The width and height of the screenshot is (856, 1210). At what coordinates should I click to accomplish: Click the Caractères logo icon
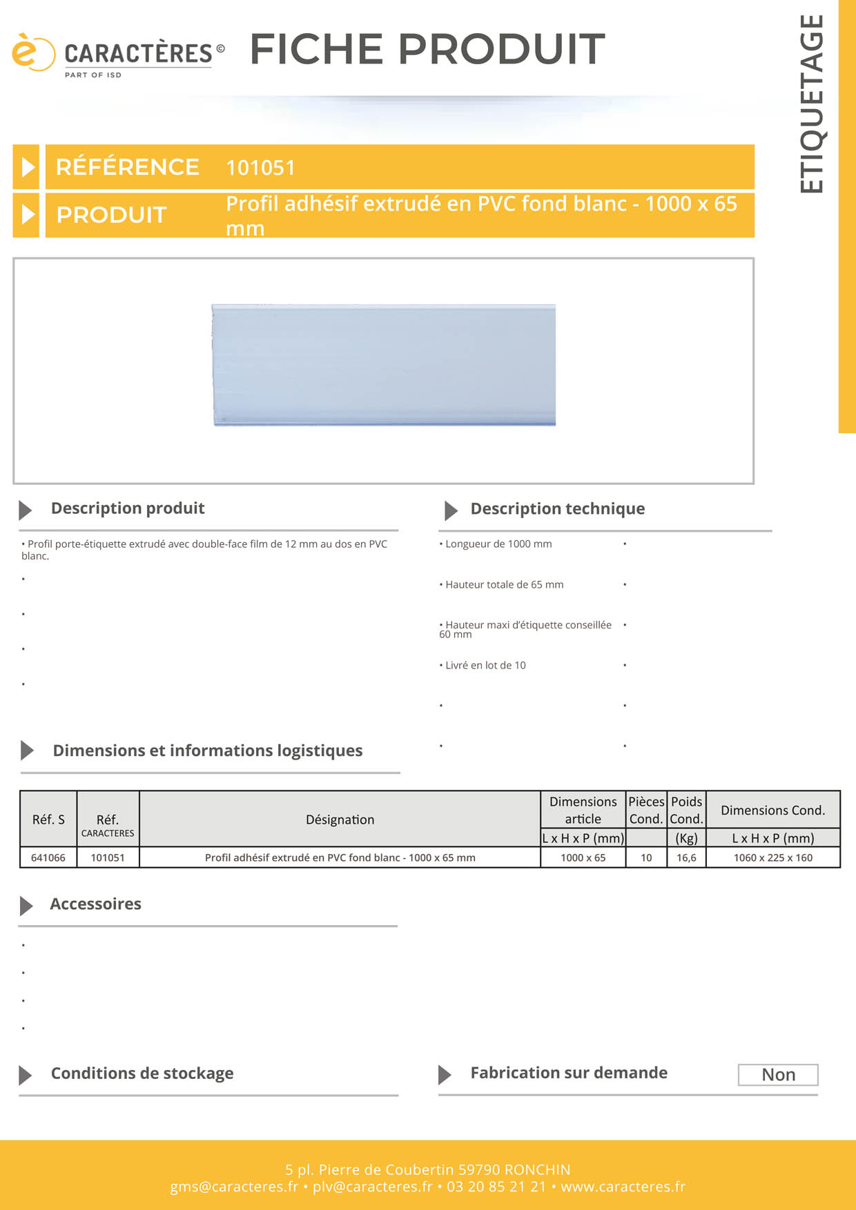pyautogui.click(x=32, y=52)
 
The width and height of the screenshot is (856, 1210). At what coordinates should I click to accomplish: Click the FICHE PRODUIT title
pyautogui.click(x=427, y=49)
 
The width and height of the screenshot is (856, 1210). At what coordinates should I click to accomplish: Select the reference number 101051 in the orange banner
pyautogui.click(x=260, y=168)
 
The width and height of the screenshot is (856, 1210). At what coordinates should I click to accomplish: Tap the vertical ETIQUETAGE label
pyautogui.click(x=812, y=104)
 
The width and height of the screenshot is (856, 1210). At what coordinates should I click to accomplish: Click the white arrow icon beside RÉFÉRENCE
pyautogui.click(x=27, y=167)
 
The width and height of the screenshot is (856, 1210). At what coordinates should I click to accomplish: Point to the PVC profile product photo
pyautogui.click(x=384, y=364)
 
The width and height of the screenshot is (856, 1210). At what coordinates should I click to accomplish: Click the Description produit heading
pyautogui.click(x=128, y=508)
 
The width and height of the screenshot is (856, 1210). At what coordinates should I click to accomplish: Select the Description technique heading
pyautogui.click(x=557, y=509)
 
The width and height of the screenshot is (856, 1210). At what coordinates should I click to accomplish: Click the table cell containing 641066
pyautogui.click(x=48, y=857)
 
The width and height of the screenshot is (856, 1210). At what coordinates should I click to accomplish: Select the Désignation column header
pyautogui.click(x=340, y=820)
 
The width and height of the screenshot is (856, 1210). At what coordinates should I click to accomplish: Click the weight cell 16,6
pyautogui.click(x=686, y=857)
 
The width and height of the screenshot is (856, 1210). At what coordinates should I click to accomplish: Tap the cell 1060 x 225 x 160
pyautogui.click(x=772, y=857)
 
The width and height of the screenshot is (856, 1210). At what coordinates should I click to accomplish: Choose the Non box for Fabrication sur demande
pyautogui.click(x=778, y=1075)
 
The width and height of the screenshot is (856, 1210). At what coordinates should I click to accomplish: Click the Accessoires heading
pyautogui.click(x=95, y=904)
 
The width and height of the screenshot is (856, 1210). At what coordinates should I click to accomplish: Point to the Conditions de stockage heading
pyautogui.click(x=142, y=1073)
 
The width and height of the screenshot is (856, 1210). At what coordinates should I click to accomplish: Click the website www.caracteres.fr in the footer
pyautogui.click(x=623, y=1187)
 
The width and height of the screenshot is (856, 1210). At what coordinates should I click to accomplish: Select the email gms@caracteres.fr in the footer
pyautogui.click(x=234, y=1187)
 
